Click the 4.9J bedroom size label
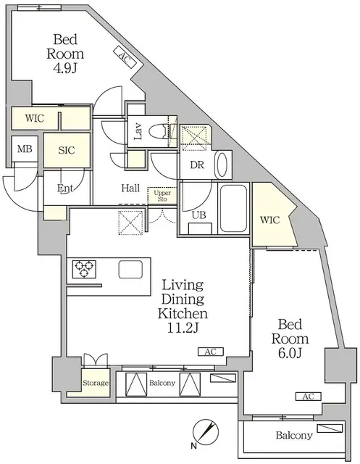click(66, 70)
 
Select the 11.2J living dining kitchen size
click(184, 328)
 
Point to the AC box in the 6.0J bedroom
click(308, 397)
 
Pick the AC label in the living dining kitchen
click(211, 352)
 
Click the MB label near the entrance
click(24, 149)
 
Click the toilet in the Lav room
click(159, 133)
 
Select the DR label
click(196, 165)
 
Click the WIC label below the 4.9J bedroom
click(34, 117)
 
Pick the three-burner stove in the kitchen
click(84, 270)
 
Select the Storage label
click(95, 383)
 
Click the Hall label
click(130, 188)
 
